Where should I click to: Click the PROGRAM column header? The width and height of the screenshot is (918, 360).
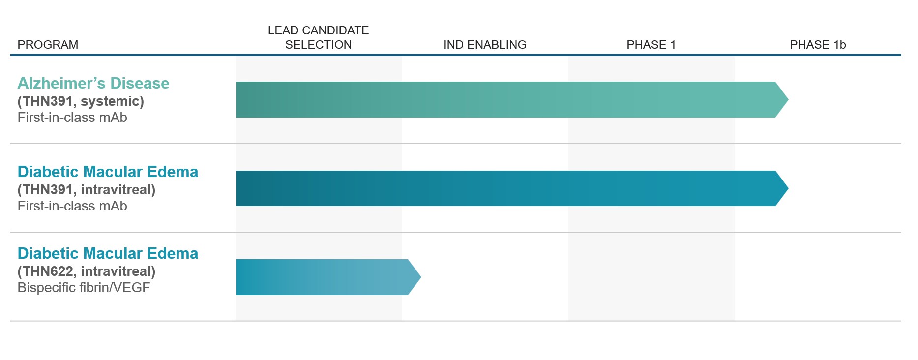pos(48,45)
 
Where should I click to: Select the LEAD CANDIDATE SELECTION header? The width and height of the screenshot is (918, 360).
pos(318,37)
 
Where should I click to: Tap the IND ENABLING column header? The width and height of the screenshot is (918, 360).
pos(485,45)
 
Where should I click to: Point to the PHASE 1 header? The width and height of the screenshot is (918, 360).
pos(651,45)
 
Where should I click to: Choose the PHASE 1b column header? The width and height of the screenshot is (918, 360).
pos(818,45)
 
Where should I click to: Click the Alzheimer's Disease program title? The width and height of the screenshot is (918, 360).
pos(93,83)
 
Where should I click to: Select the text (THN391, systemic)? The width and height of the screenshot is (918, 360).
pos(81,101)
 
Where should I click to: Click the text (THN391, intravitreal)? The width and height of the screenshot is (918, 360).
pos(87,190)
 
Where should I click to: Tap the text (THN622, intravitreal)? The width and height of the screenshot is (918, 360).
pos(87,271)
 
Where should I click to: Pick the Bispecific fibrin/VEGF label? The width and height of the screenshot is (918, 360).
pos(84,288)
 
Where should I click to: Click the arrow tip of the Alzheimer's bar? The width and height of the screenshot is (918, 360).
pos(788,99)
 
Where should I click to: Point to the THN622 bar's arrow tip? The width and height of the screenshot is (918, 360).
pos(421,277)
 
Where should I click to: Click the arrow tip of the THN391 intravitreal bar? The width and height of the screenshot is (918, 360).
pos(788,188)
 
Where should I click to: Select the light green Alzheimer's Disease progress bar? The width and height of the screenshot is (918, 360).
pos(512,99)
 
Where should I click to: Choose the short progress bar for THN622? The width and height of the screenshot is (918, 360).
pos(328,277)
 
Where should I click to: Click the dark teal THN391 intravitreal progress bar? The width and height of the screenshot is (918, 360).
pos(512,188)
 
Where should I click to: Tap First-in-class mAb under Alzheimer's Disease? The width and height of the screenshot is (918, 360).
pos(72,118)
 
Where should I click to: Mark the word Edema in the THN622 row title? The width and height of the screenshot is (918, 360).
pos(173,253)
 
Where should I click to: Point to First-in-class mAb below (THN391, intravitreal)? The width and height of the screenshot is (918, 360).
pos(72,206)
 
